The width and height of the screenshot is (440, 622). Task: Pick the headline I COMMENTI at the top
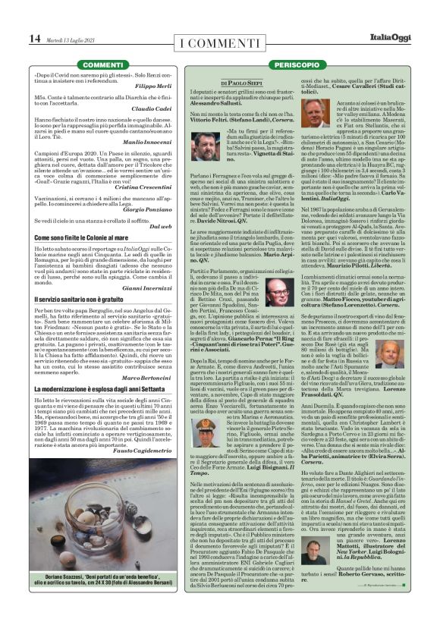pos(219,39)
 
